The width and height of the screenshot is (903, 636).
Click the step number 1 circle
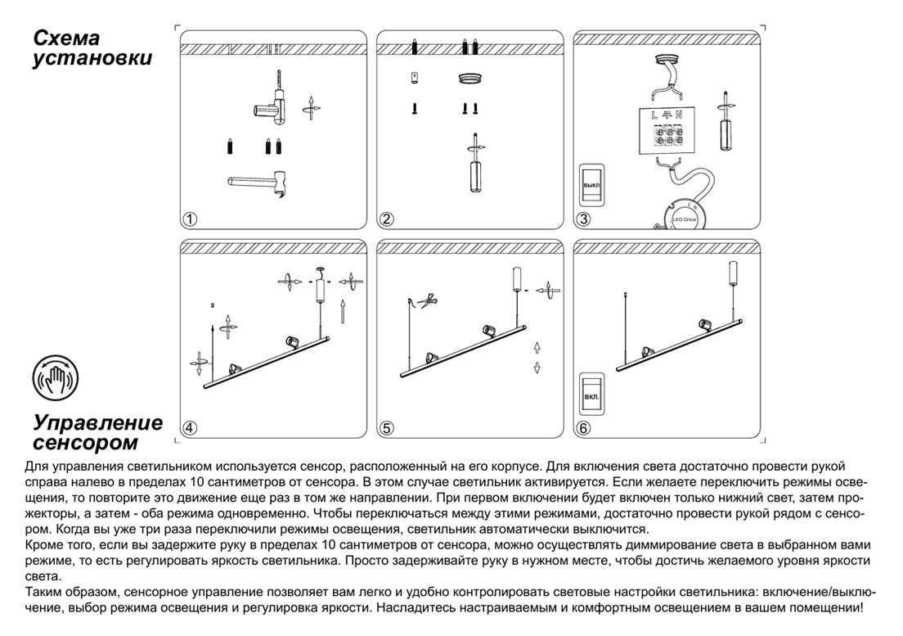tap(190, 219)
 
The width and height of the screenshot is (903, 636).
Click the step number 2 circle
tap(387, 219)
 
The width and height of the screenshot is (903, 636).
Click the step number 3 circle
tap(583, 219)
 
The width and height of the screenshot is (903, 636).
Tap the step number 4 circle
tap(190, 427)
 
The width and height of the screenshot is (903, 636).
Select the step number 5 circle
tap(387, 427)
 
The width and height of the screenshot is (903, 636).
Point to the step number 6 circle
tap(583, 427)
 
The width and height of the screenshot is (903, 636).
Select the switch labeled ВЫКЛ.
tap(591, 185)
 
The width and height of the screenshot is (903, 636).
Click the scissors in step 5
tap(426, 302)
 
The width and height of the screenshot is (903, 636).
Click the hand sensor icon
tap(55, 378)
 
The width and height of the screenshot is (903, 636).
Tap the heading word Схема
tap(66, 38)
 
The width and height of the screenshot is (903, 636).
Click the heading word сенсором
tap(85, 444)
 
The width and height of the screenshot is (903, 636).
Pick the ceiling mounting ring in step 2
tap(470, 79)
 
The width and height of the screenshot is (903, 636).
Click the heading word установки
tap(92, 58)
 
